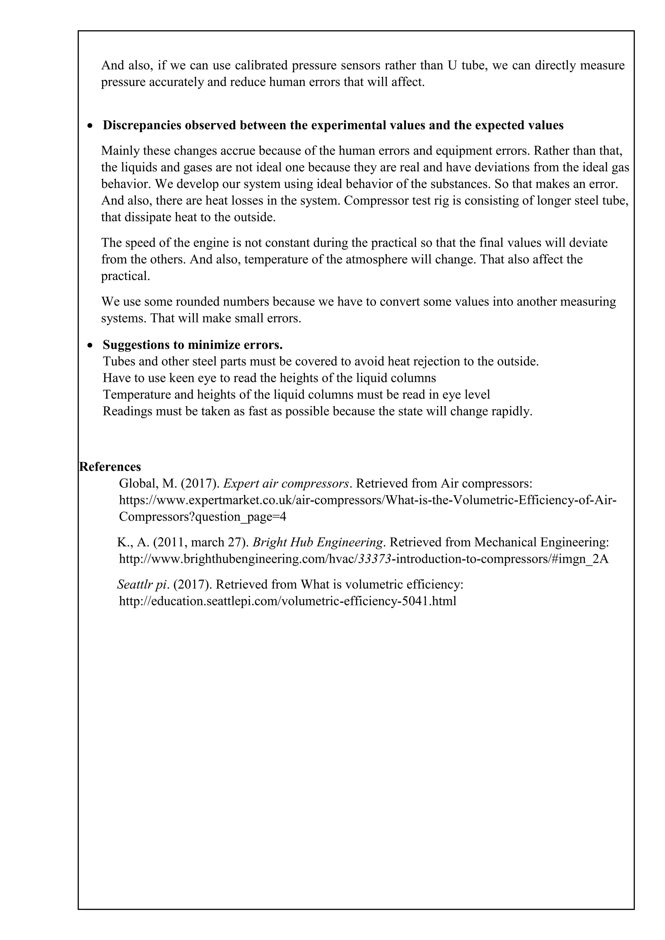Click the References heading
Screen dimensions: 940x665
(110, 467)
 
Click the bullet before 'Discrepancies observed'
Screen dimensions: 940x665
(91, 126)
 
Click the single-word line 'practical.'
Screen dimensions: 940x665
(125, 276)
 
